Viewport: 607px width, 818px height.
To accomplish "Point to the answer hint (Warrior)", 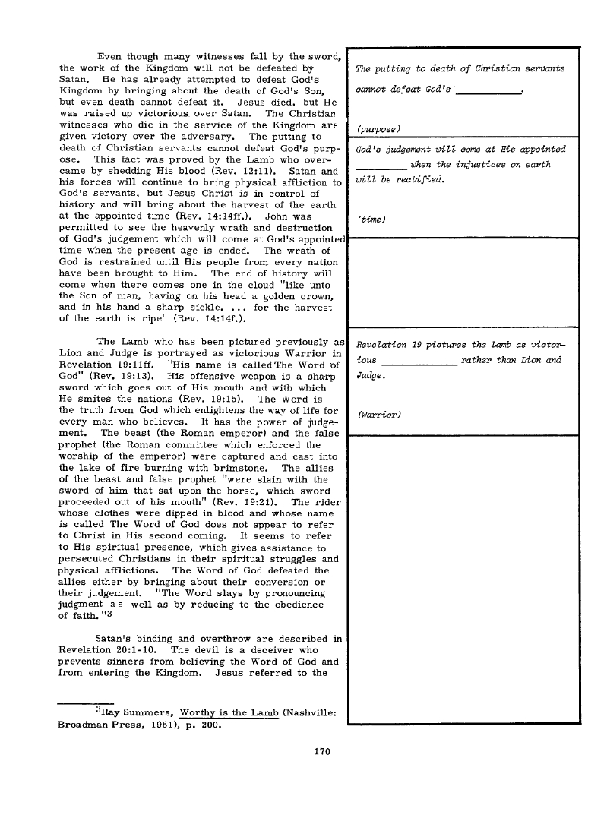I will [378, 415].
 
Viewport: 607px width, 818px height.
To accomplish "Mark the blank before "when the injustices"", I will [381, 166].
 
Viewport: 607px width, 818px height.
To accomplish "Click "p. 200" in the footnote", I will [204, 724].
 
